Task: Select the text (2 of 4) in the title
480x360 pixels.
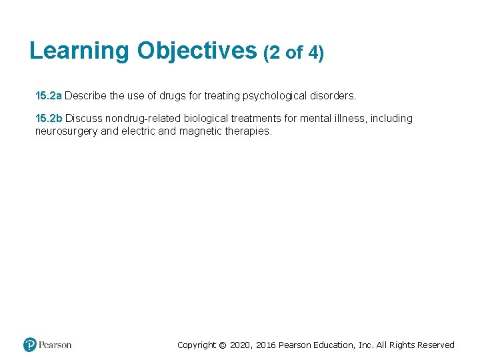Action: click(294, 52)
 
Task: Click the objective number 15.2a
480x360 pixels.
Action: click(49, 96)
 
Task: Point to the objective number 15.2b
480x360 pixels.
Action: click(49, 119)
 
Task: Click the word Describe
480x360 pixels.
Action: click(85, 96)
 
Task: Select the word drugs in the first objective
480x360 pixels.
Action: click(170, 96)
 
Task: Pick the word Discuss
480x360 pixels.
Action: click(83, 119)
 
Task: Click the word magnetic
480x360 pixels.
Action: click(201, 131)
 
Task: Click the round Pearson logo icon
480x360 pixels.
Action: click(30, 345)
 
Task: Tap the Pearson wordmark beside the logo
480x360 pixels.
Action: click(55, 345)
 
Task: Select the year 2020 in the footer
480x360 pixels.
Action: click(242, 345)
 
